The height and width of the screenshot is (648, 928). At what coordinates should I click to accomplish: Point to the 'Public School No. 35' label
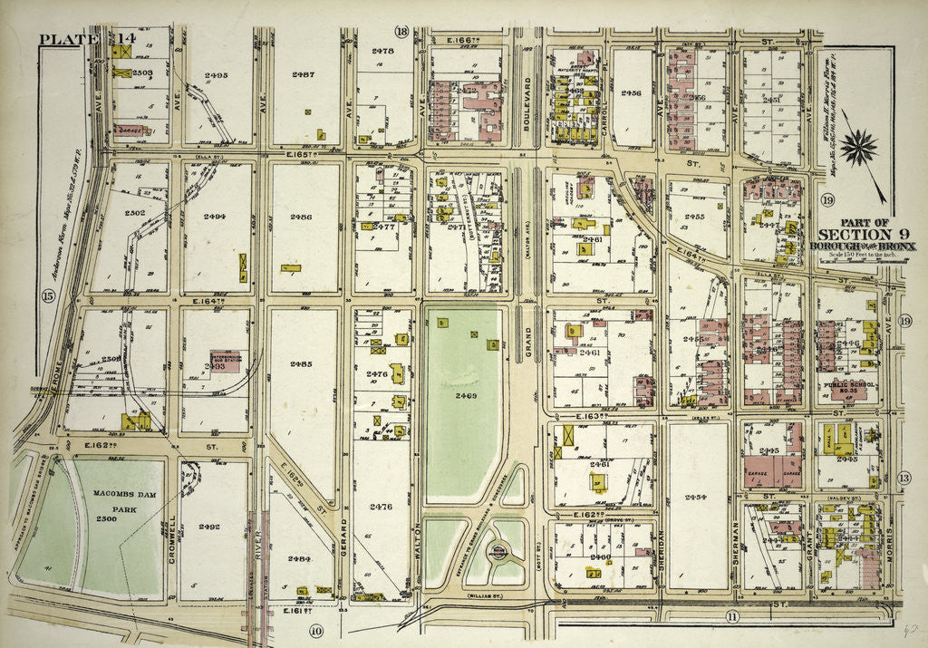[x=846, y=387]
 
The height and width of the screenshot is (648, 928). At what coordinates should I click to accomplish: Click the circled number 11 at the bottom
[x=732, y=617]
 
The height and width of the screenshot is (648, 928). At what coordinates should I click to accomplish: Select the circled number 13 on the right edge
[x=904, y=478]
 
